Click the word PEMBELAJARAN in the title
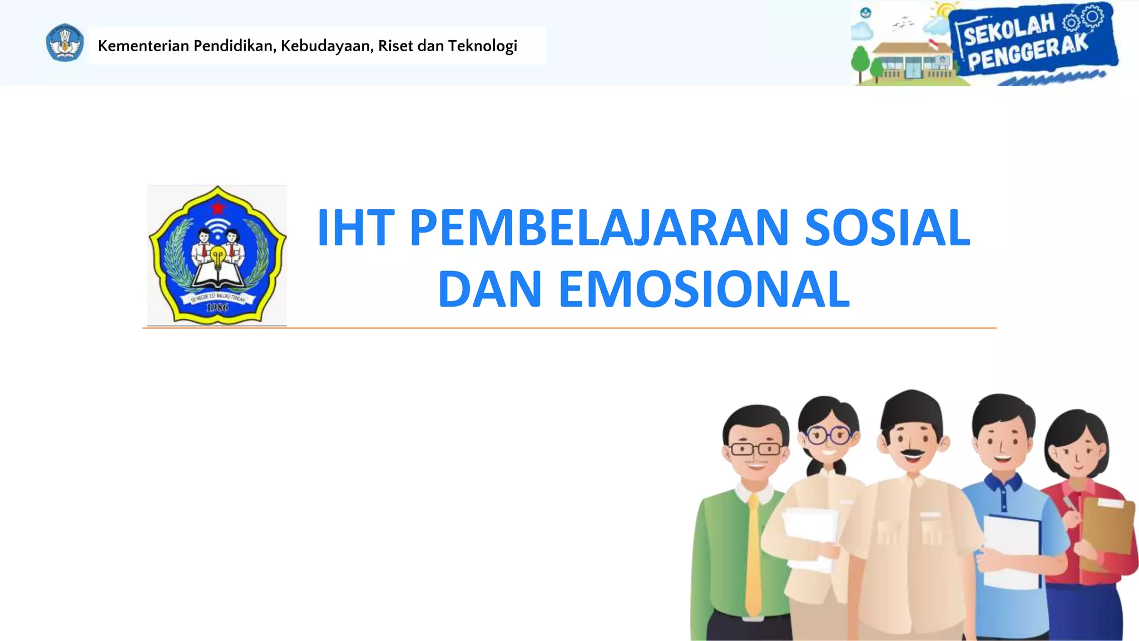coord(600,228)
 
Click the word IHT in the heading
coord(355,228)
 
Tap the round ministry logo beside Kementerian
coord(65,43)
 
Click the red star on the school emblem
coord(217,208)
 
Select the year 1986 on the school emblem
coord(217,307)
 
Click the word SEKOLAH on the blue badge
coord(1009,30)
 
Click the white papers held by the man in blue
coord(1011,551)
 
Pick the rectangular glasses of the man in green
coord(755,448)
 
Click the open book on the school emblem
coord(217,277)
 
